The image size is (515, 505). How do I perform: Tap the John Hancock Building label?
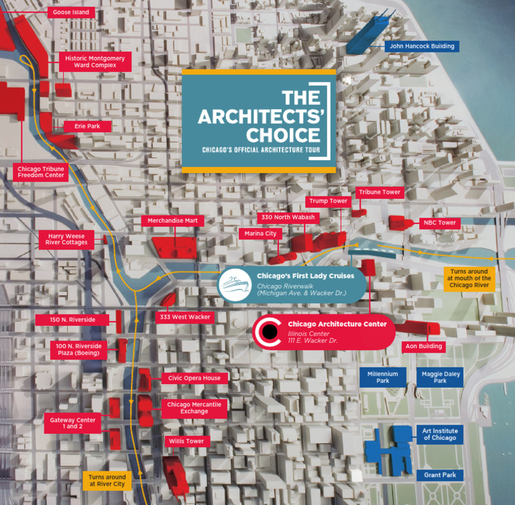(420, 46)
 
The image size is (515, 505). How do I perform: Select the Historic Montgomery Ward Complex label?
(95, 62)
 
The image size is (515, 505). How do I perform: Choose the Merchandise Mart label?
(172, 221)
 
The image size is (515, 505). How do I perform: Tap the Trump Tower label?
(328, 201)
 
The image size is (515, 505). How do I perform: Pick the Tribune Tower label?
(379, 192)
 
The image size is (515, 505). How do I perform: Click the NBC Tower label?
(439, 223)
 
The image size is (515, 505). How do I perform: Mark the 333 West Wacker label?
(184, 317)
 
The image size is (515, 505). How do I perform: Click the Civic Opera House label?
(194, 378)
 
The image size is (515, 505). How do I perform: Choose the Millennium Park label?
(383, 378)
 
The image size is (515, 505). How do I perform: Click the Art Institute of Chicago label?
(439, 434)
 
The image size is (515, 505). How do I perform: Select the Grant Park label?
(440, 475)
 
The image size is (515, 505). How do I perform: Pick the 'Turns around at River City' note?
(107, 480)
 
